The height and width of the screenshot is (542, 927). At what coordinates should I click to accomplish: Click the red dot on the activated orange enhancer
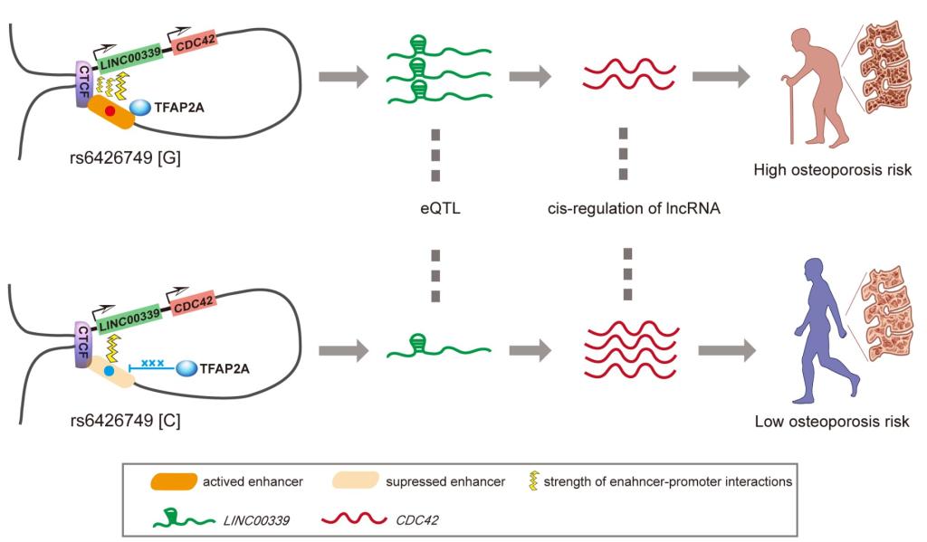coord(110,110)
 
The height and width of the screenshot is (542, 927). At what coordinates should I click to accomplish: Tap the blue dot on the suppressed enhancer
coord(109,371)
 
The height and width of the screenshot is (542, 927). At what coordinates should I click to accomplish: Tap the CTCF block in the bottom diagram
coord(83,341)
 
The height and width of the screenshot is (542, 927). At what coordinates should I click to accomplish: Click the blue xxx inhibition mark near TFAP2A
coord(151,364)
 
